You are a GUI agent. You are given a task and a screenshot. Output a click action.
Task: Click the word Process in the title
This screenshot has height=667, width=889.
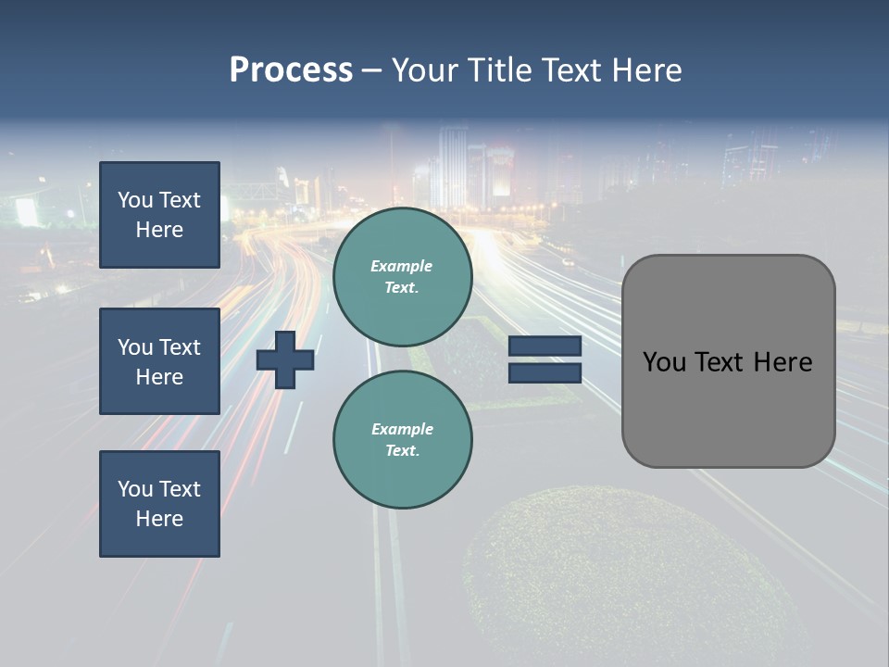[291, 70]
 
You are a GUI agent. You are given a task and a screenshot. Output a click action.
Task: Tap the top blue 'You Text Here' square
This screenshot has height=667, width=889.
[159, 215]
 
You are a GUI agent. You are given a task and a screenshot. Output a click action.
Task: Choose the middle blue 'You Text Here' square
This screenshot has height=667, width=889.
[159, 361]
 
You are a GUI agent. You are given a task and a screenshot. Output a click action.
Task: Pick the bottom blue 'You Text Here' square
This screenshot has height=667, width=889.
[159, 504]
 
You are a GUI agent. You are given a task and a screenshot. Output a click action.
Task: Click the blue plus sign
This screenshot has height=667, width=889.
[285, 359]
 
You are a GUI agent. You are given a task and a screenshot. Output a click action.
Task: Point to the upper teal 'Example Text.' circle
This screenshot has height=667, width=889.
[402, 276]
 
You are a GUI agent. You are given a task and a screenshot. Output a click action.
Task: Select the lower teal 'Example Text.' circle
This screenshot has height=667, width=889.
[402, 439]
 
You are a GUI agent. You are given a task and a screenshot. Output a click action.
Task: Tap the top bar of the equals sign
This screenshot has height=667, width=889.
[545, 346]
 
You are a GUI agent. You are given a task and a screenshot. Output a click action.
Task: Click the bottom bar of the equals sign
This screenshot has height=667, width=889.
[545, 372]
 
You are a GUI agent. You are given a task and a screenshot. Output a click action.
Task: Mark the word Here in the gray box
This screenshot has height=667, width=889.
[783, 362]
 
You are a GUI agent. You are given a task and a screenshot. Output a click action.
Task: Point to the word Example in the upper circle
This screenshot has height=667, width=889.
[402, 267]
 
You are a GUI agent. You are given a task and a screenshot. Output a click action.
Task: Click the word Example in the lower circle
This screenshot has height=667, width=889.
[402, 430]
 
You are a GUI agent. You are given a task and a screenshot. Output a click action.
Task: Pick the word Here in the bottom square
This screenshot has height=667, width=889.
[159, 519]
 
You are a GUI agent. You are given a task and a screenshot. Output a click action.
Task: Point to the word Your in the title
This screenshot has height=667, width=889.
[427, 70]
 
